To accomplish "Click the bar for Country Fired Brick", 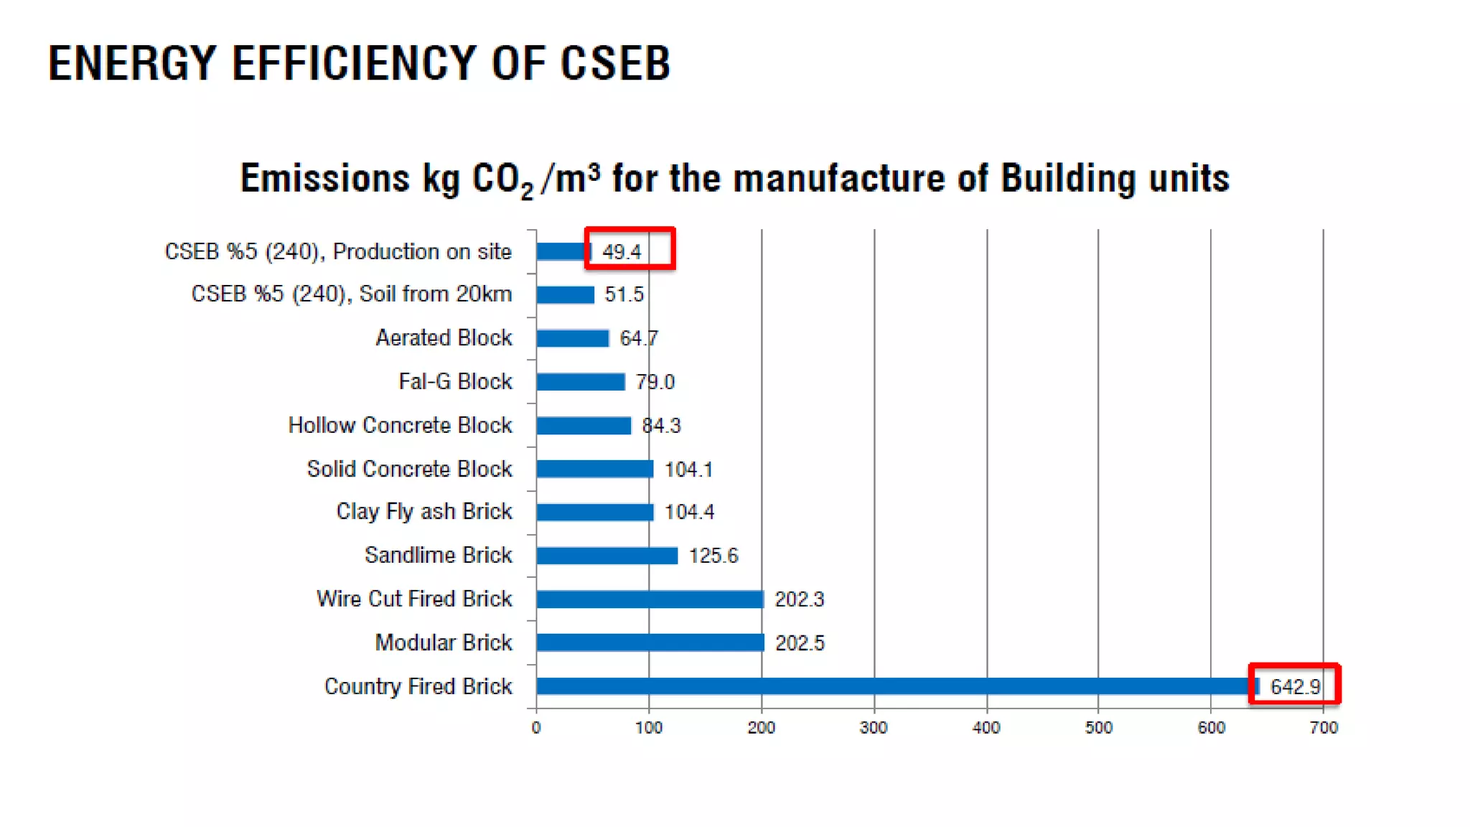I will pyautogui.click(x=890, y=686).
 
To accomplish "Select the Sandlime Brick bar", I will pyautogui.click(x=607, y=556).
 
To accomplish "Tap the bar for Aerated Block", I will pyautogui.click(x=572, y=338).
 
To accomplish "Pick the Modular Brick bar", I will pyautogui.click(x=650, y=643).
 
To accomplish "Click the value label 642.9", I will pyautogui.click(x=1295, y=687).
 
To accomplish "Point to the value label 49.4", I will pyautogui.click(x=622, y=252).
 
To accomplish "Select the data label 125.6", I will pyautogui.click(x=713, y=556).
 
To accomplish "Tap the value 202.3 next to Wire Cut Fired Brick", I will pyautogui.click(x=799, y=599).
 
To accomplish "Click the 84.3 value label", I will pyautogui.click(x=661, y=426).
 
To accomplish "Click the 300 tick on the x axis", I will pyautogui.click(x=874, y=728).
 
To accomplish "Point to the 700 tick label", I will pyautogui.click(x=1323, y=728).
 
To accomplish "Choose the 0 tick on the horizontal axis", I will pyautogui.click(x=536, y=728).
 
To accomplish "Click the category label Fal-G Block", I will pyautogui.click(x=455, y=381).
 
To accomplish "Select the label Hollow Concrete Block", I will pyautogui.click(x=400, y=425).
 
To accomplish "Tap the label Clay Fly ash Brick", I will pyautogui.click(x=423, y=511).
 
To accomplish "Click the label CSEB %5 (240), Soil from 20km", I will pyautogui.click(x=351, y=294).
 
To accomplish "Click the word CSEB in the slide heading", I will pyautogui.click(x=615, y=63).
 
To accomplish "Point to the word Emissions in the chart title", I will pyautogui.click(x=324, y=178).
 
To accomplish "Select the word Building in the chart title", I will pyautogui.click(x=1068, y=179).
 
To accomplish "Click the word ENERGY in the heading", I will pyautogui.click(x=132, y=63).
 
